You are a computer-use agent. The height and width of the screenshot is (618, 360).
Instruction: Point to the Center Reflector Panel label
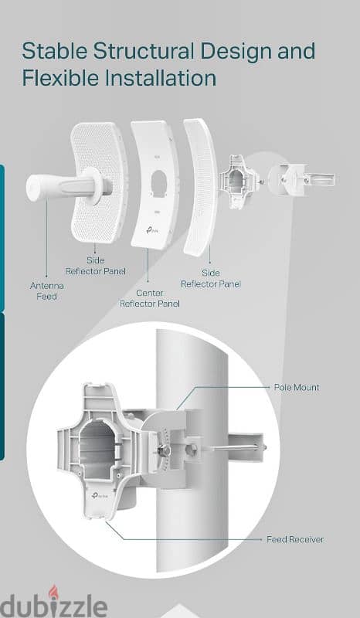click(150, 297)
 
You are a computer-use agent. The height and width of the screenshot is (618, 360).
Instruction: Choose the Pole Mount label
click(296, 387)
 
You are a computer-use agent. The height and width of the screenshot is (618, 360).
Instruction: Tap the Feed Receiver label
click(295, 539)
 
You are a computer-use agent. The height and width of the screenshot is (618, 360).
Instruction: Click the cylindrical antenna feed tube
click(66, 188)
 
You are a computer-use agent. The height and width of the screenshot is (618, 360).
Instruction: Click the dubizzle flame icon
click(53, 593)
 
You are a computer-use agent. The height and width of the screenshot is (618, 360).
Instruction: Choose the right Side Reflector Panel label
click(210, 278)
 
